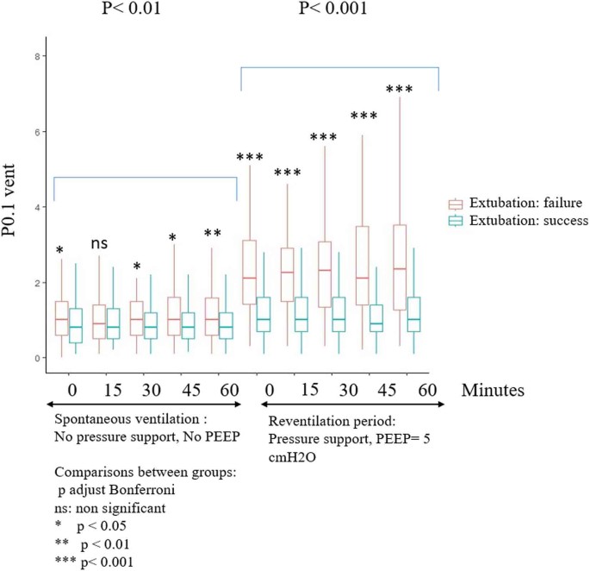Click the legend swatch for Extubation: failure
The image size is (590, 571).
pyautogui.click(x=456, y=204)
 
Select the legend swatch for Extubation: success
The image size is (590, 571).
pyautogui.click(x=456, y=222)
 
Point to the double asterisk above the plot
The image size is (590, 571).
pyautogui.click(x=213, y=234)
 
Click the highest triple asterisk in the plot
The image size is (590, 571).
pyautogui.click(x=400, y=90)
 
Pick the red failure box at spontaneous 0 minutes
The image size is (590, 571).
pyautogui.click(x=61, y=318)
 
